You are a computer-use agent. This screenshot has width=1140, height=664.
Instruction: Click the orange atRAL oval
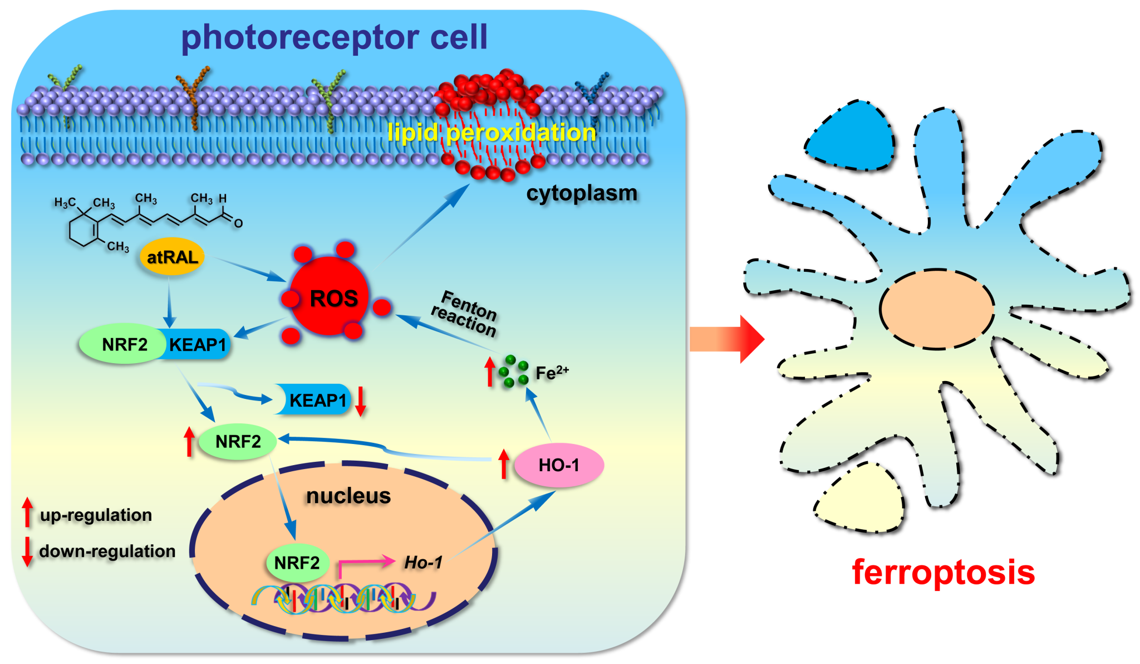(172, 257)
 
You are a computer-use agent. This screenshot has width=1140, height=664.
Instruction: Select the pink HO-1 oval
(559, 465)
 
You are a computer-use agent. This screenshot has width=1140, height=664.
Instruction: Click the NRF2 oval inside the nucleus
(297, 563)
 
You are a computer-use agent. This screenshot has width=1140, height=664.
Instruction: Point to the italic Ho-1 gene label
(423, 563)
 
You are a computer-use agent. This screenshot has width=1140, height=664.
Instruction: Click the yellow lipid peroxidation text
(491, 133)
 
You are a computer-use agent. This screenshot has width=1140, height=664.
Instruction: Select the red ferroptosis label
(943, 572)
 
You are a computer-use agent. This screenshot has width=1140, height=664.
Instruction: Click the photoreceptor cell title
(334, 37)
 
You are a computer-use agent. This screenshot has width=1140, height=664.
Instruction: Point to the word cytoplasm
(582, 193)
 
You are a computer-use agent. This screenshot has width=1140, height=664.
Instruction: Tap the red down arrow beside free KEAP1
(361, 401)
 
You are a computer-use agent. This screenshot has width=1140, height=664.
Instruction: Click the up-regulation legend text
(96, 515)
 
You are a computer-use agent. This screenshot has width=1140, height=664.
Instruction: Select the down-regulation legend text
(107, 551)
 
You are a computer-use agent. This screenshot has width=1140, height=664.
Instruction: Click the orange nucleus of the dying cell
(937, 309)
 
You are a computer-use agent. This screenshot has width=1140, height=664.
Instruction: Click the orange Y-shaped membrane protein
(193, 95)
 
